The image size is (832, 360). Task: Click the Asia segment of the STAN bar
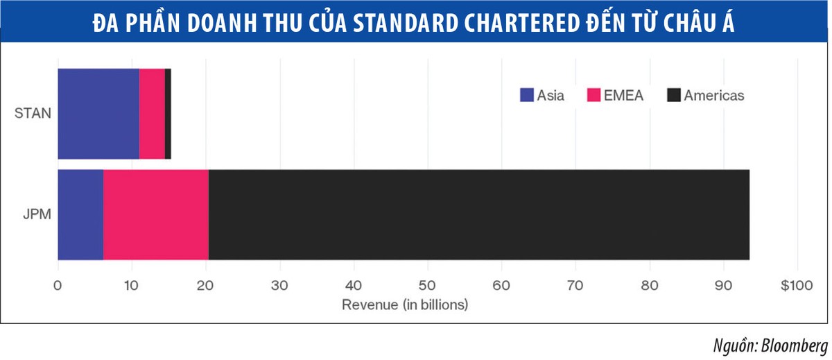point(98,114)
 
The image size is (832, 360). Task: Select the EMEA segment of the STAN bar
point(152,114)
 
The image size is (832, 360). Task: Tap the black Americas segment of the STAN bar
point(168,114)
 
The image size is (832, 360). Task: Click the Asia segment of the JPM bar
point(80,214)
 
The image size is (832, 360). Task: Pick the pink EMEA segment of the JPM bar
point(156,214)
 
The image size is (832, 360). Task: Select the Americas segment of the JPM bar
point(478,214)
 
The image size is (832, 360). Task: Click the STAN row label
point(33,113)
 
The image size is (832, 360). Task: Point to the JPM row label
point(35,214)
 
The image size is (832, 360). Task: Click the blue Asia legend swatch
point(527,96)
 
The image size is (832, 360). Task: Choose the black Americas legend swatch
point(673,96)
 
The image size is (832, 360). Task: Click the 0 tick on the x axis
point(58,284)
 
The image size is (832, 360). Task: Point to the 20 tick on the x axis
point(206,284)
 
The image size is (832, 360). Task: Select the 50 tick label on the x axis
point(428,284)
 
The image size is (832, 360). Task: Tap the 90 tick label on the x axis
point(724,284)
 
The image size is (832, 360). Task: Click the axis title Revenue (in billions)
point(404,304)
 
